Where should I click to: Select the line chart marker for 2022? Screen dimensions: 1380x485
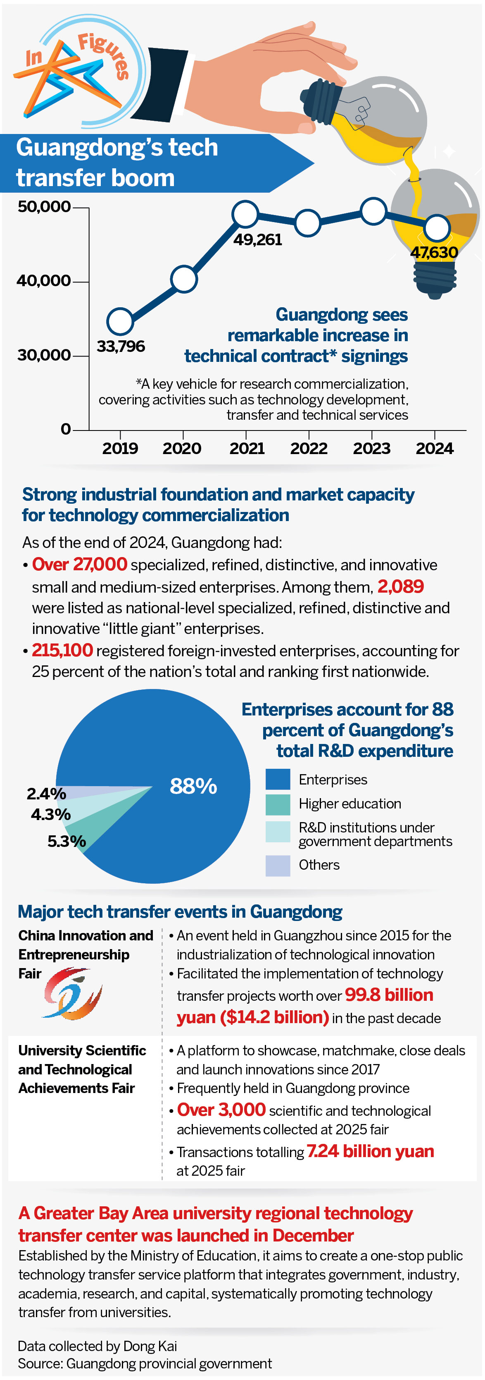tap(308, 222)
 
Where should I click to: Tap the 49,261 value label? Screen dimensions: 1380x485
tap(257, 239)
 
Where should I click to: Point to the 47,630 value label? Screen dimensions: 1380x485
tap(434, 252)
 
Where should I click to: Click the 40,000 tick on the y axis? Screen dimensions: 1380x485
tap(44, 281)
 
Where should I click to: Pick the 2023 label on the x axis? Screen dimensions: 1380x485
tap(371, 448)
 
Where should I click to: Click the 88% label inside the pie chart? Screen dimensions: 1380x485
tap(193, 786)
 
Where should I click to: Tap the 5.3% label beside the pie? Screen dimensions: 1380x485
tap(67, 841)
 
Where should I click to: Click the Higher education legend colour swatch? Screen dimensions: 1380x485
tap(278, 804)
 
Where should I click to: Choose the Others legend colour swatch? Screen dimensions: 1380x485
tap(278, 865)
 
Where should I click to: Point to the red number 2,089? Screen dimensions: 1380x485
tap(400, 586)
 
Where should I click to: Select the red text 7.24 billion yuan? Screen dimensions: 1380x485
tap(370, 1151)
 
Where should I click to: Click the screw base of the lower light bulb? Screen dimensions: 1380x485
tap(435, 279)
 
